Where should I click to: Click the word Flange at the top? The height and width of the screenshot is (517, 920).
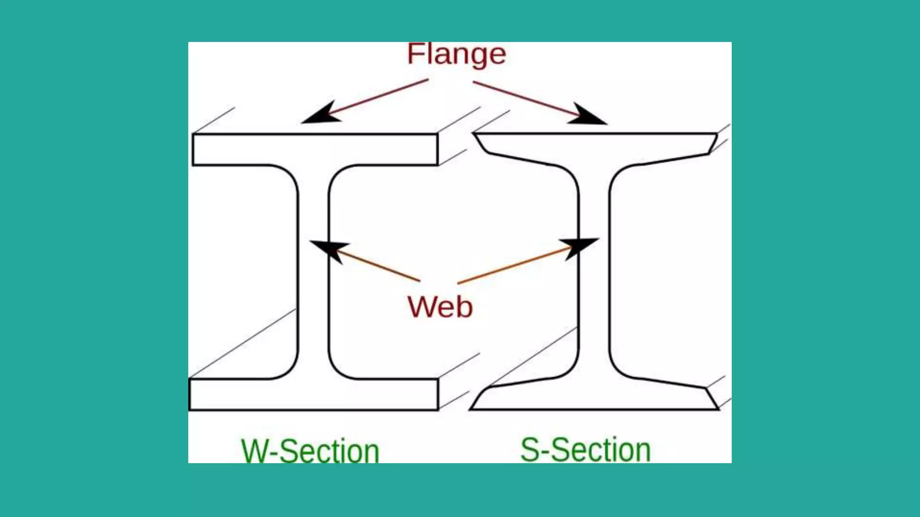pyautogui.click(x=456, y=55)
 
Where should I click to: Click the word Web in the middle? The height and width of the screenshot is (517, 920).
pyautogui.click(x=440, y=307)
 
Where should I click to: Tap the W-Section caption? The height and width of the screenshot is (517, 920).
pyautogui.click(x=310, y=451)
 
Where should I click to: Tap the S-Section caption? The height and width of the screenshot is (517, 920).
pyautogui.click(x=585, y=450)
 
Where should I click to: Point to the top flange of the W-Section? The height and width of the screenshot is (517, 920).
pyautogui.click(x=314, y=149)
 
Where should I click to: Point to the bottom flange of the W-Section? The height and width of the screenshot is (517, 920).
pyautogui.click(x=314, y=394)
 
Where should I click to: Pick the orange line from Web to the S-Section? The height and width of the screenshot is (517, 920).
pyautogui.click(x=512, y=266)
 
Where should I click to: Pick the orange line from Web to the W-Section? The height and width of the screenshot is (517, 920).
pyautogui.click(x=380, y=266)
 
